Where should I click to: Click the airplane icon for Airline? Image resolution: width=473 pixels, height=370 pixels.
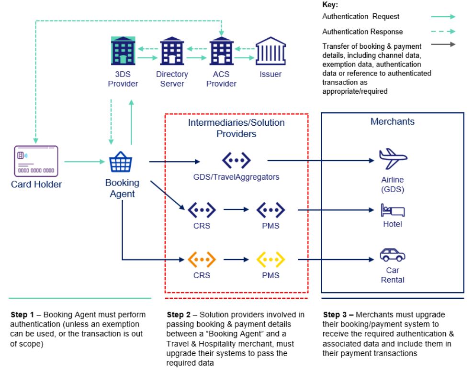(x=392, y=158)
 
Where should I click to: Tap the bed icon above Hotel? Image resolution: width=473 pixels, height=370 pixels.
(x=392, y=210)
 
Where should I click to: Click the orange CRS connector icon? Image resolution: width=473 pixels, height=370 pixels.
(x=201, y=260)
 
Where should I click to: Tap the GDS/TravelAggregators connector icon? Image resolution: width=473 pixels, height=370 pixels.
(x=236, y=160)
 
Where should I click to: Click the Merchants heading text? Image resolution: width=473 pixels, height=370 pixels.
(x=392, y=121)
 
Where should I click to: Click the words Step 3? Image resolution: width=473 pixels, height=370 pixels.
(x=335, y=315)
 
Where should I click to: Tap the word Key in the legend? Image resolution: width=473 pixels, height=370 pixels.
(x=330, y=6)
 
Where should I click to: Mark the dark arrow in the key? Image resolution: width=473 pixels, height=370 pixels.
(x=443, y=45)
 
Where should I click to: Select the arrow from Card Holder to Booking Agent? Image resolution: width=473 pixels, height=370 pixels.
(x=83, y=162)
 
